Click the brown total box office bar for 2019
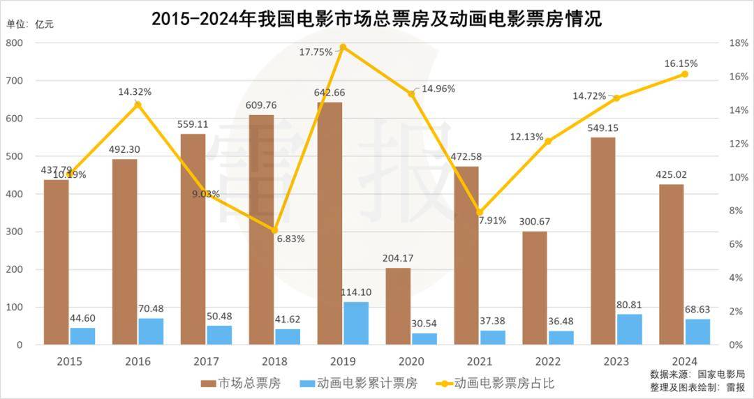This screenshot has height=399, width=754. pyautogui.click(x=330, y=223)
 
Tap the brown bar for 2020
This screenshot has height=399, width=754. pyautogui.click(x=398, y=306)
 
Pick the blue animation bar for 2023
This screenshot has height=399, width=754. pyautogui.click(x=629, y=329)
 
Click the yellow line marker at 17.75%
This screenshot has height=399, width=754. pyautogui.click(x=343, y=47)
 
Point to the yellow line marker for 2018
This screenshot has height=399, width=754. pyautogui.click(x=274, y=230)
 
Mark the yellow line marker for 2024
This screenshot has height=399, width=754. pyautogui.click(x=685, y=74)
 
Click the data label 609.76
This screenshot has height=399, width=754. pyautogui.click(x=261, y=105)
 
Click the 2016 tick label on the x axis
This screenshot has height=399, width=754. pyautogui.click(x=138, y=361)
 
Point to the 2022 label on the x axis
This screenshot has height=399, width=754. pyautogui.click(x=548, y=361)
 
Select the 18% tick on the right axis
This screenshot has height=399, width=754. pyautogui.click(x=739, y=43)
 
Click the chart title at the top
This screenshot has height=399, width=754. pyautogui.click(x=376, y=19)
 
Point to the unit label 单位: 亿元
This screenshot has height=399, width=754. pyautogui.click(x=30, y=24)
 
